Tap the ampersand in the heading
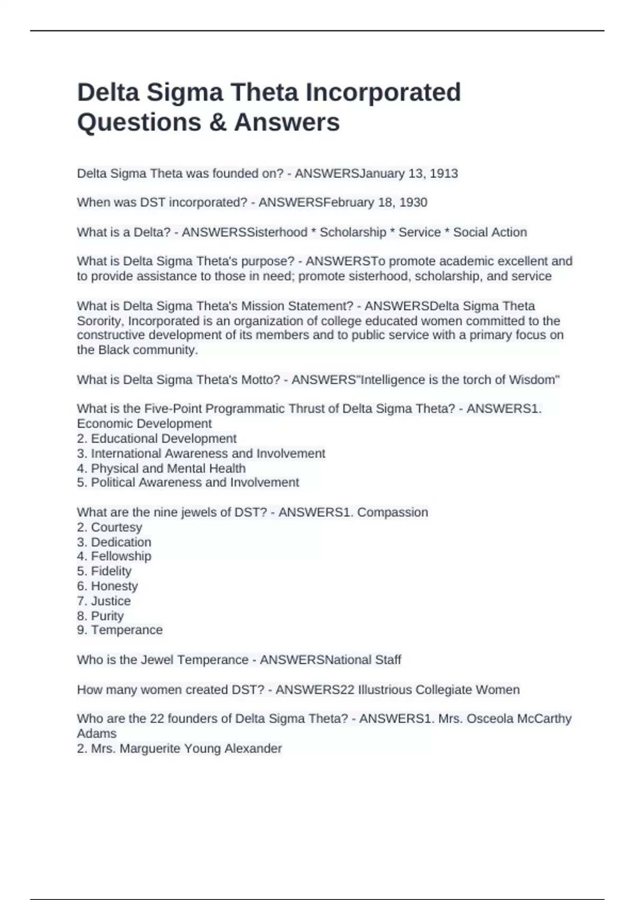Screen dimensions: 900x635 coord(217,122)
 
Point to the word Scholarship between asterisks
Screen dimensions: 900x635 coord(353,232)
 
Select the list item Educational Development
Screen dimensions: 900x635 coord(164,438)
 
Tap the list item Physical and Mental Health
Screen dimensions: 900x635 coord(168,469)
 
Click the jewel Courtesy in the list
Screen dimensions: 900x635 coord(116,527)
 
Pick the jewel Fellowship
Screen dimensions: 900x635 coord(121,556)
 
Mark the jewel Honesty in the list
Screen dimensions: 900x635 coord(114,586)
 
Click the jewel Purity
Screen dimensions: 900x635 coord(107,616)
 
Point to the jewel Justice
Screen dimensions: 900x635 coord(111,601)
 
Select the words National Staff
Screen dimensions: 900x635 coord(362,660)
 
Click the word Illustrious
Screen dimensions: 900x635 coord(385,690)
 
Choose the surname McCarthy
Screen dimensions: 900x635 coord(544,719)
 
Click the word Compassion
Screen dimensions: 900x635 coord(392,512)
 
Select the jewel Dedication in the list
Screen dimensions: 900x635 coord(121,542)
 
